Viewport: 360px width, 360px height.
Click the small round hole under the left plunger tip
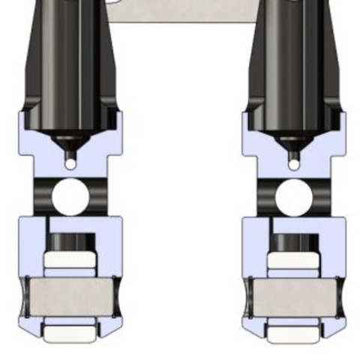[x=70, y=163]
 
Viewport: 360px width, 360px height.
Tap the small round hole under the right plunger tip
[x=294, y=163]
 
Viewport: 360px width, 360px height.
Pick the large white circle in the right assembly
[x=292, y=196]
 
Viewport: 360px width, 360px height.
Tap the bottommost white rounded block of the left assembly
[x=69, y=332]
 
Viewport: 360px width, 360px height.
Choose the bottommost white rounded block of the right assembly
[x=293, y=332]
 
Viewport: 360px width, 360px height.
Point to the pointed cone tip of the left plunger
[x=69, y=140]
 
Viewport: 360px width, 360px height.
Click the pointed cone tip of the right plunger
[x=293, y=140]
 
